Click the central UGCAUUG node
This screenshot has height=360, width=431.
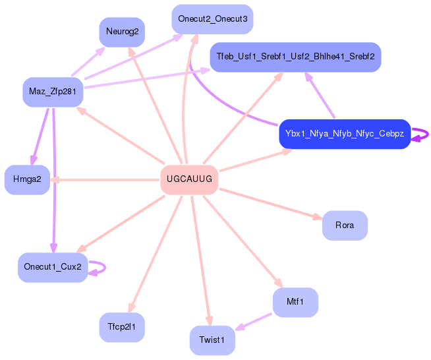click(x=189, y=179)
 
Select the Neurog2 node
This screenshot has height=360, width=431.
click(x=122, y=32)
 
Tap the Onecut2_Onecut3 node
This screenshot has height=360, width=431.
click(x=212, y=19)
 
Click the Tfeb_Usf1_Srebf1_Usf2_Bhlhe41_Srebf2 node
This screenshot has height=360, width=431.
click(x=295, y=57)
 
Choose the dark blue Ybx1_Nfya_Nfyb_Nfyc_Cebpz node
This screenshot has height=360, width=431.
click(x=345, y=134)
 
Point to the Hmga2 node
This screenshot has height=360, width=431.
click(x=27, y=179)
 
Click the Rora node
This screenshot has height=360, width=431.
click(x=345, y=225)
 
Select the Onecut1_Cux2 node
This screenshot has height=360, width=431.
click(x=53, y=267)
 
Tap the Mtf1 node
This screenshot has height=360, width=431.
click(x=295, y=302)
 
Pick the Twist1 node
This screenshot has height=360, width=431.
click(x=212, y=340)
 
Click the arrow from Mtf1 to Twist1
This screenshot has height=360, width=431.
click(x=254, y=321)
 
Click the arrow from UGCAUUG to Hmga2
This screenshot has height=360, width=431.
click(x=105, y=179)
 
